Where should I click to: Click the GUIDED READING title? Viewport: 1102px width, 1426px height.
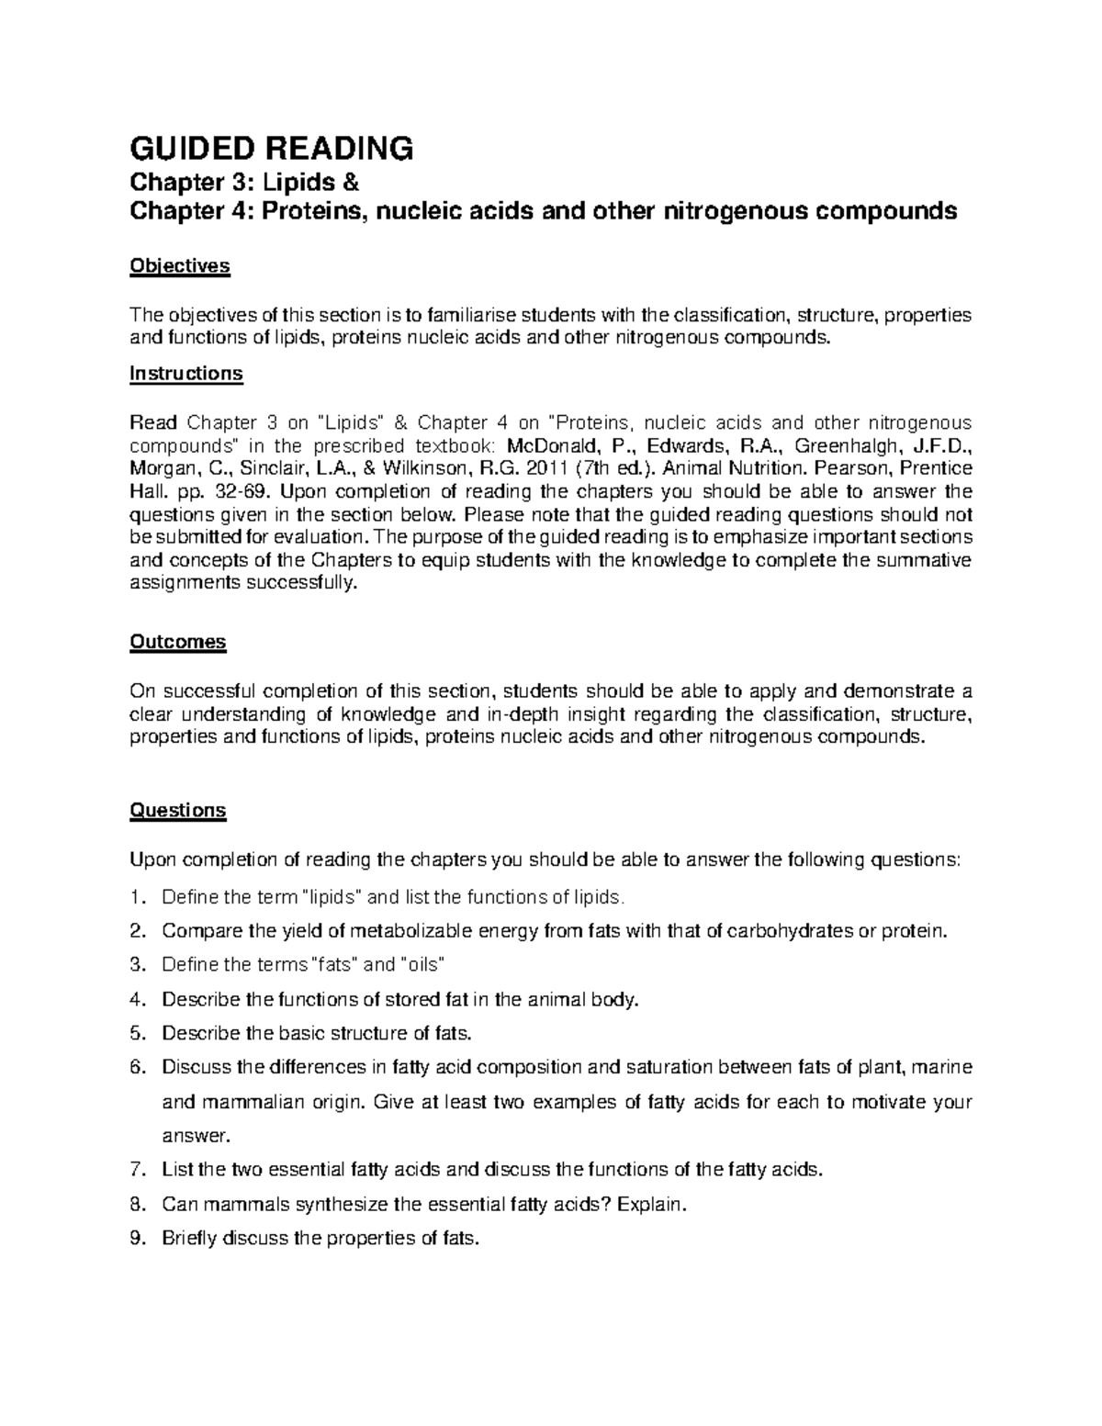pos(272,147)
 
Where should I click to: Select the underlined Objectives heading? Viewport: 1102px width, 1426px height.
pos(179,266)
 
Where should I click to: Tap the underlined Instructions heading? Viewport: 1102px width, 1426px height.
pos(186,374)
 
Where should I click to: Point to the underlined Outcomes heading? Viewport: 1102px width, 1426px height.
pos(178,642)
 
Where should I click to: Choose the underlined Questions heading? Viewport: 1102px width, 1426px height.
pos(178,811)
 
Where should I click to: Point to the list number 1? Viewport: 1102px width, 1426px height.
pos(138,897)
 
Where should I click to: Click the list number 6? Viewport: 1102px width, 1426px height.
pos(138,1068)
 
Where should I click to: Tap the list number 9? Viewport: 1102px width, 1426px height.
pos(138,1239)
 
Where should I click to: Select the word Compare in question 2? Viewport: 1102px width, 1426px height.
pos(197,931)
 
